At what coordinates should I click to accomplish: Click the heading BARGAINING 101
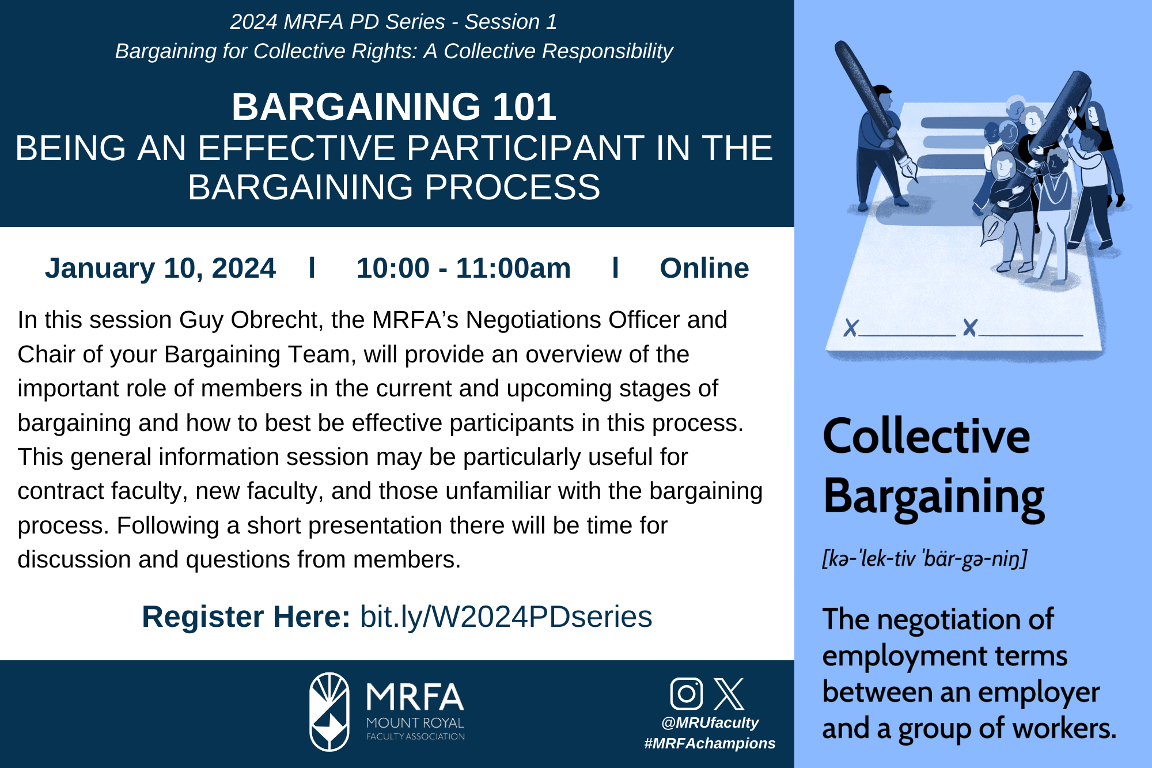[394, 107]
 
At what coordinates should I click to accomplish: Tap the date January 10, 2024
[160, 268]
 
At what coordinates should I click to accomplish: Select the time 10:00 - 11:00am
[464, 268]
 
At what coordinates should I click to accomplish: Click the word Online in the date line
[704, 268]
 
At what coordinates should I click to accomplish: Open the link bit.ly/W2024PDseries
[506, 617]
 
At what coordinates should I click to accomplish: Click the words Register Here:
[246, 617]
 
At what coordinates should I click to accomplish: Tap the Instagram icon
[687, 694]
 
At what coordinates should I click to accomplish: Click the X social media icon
[729, 694]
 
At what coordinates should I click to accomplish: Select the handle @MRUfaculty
[710, 723]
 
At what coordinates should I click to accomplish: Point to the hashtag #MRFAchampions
[710, 743]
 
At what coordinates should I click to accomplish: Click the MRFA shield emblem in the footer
[329, 712]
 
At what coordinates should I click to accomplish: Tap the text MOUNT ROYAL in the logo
[415, 723]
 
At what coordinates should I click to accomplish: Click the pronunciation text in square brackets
[924, 558]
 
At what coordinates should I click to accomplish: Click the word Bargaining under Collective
[934, 497]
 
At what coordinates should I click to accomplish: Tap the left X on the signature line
[851, 328]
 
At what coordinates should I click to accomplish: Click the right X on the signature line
[970, 328]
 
